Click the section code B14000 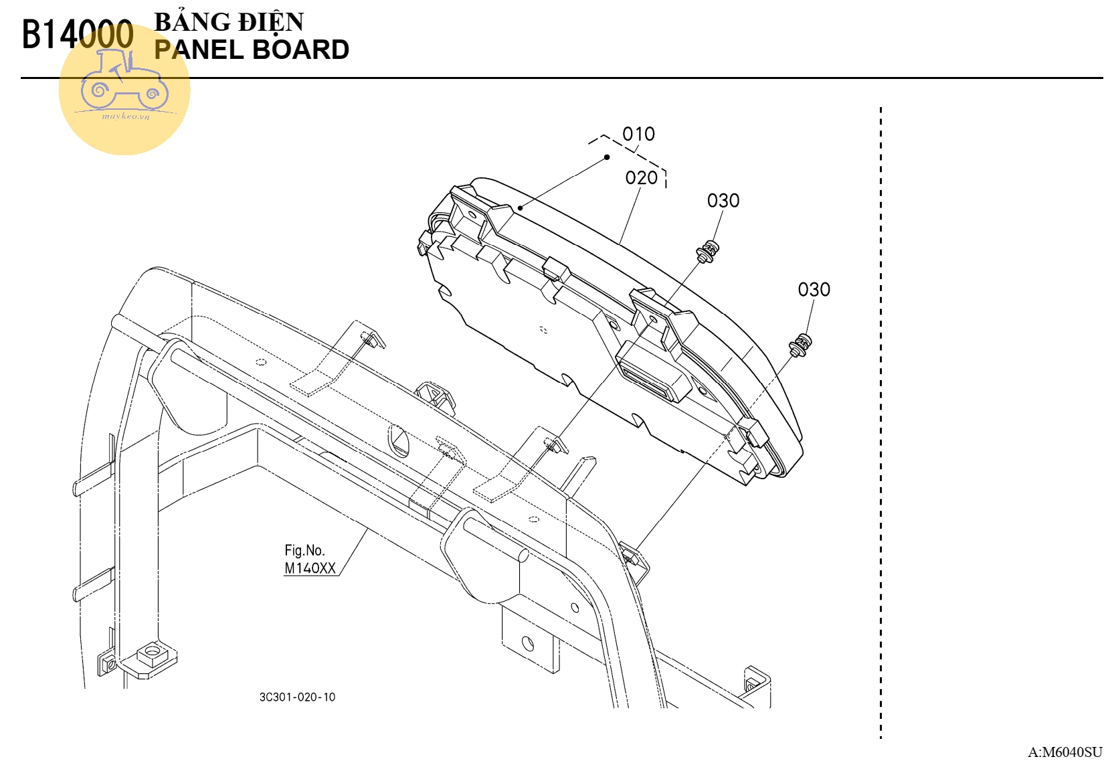(x=78, y=35)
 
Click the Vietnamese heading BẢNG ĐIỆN (x=229, y=21)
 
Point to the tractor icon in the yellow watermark (x=124, y=81)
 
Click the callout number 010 (x=638, y=135)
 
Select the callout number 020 (x=641, y=178)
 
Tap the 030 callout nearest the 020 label (x=723, y=201)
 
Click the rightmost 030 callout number (x=814, y=290)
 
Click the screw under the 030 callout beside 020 (x=709, y=252)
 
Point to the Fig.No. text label (x=304, y=550)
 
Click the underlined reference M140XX (x=310, y=568)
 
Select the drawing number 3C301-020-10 (x=297, y=697)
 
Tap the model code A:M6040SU (x=1065, y=752)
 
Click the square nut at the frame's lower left (x=152, y=653)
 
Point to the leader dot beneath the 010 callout (x=607, y=157)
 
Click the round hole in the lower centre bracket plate (x=528, y=644)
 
